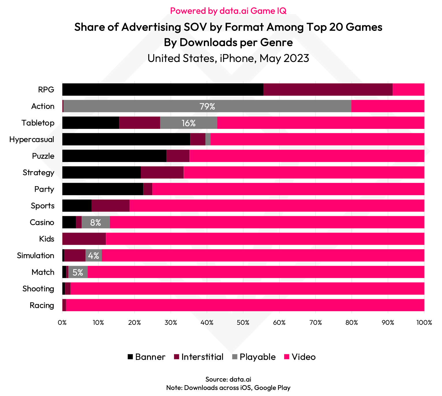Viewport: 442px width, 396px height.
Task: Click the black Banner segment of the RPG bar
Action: pos(162,90)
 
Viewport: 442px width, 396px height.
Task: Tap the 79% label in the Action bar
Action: pos(207,106)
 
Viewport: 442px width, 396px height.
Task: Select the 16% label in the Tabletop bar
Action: pos(188,123)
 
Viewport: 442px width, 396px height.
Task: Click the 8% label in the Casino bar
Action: pos(95,222)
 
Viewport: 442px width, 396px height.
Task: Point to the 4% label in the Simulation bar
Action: pos(93,256)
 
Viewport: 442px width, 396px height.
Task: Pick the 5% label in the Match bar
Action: pos(78,272)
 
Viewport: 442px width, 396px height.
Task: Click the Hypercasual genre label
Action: pos(32,139)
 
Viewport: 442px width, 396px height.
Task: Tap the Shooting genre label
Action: pos(38,289)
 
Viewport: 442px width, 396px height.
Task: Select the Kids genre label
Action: pos(47,239)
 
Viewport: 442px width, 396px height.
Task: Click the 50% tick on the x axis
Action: pos(243,323)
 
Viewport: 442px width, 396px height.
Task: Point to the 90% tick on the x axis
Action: pos(388,323)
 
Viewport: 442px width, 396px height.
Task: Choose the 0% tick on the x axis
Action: pos(62,323)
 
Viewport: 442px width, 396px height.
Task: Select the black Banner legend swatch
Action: pos(130,357)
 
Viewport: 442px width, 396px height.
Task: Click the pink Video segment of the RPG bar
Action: pos(408,90)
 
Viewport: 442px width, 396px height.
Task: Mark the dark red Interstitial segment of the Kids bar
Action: pos(84,239)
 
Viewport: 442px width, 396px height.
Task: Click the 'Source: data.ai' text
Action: pos(228,379)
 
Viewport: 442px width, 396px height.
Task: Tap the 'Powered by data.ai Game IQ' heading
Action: pos(228,11)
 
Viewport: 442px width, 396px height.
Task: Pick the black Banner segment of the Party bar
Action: pos(102,189)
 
